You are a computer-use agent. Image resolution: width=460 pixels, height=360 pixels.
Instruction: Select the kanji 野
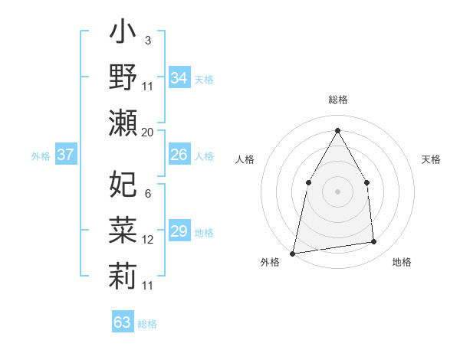pyautogui.click(x=123, y=79)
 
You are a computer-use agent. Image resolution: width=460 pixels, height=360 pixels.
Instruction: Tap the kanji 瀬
pyautogui.click(x=123, y=123)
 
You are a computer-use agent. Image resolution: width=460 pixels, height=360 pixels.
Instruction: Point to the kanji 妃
pyautogui.click(x=123, y=184)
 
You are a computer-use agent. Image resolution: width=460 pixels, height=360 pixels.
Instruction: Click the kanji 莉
pyautogui.click(x=123, y=273)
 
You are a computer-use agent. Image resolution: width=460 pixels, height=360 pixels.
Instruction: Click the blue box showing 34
pyautogui.click(x=179, y=78)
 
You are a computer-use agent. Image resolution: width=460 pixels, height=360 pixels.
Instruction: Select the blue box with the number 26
pyautogui.click(x=179, y=155)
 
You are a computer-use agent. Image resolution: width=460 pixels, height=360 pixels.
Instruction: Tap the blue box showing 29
pyautogui.click(x=179, y=231)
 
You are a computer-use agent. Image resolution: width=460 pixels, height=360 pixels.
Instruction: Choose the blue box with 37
pyautogui.click(x=65, y=155)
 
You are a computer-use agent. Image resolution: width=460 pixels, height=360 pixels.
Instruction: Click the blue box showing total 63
pyautogui.click(x=123, y=322)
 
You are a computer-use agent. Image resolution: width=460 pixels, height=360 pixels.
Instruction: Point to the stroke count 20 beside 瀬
pyautogui.click(x=148, y=133)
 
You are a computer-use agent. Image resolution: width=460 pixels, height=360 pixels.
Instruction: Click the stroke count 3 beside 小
pyautogui.click(x=147, y=40)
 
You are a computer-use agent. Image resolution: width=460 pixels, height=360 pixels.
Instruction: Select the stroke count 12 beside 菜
pyautogui.click(x=148, y=240)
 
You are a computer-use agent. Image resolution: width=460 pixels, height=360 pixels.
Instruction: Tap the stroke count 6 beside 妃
pyautogui.click(x=147, y=194)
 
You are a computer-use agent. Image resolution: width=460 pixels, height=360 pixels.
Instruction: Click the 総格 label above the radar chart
pyautogui.click(x=337, y=100)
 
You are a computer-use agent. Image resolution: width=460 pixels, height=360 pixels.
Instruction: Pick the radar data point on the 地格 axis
pyautogui.click(x=374, y=242)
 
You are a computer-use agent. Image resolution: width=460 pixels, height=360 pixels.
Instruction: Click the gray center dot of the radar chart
pyautogui.click(x=337, y=191)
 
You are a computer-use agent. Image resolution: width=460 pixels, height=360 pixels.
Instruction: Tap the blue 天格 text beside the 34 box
pyautogui.click(x=204, y=79)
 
